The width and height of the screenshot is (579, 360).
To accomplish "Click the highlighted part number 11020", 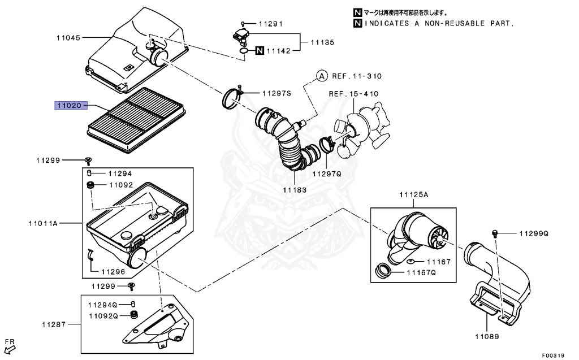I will pos(70,105).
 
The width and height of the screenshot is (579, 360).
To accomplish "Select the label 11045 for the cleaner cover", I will pos(68,38).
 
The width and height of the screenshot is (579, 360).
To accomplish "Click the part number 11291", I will pos(270,24).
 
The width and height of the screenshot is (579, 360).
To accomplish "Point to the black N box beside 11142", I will pos(259,51).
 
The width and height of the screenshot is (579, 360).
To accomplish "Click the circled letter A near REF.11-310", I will pos(321,75).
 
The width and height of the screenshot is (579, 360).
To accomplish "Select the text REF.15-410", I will pos(354,93).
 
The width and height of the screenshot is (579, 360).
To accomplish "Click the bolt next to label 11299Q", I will pos(495,233).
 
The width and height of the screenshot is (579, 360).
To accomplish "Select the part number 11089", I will pos(486,336).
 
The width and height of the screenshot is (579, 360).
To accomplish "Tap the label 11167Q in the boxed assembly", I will pos(422,272).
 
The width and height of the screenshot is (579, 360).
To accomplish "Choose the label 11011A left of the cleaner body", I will pos(43,224).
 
